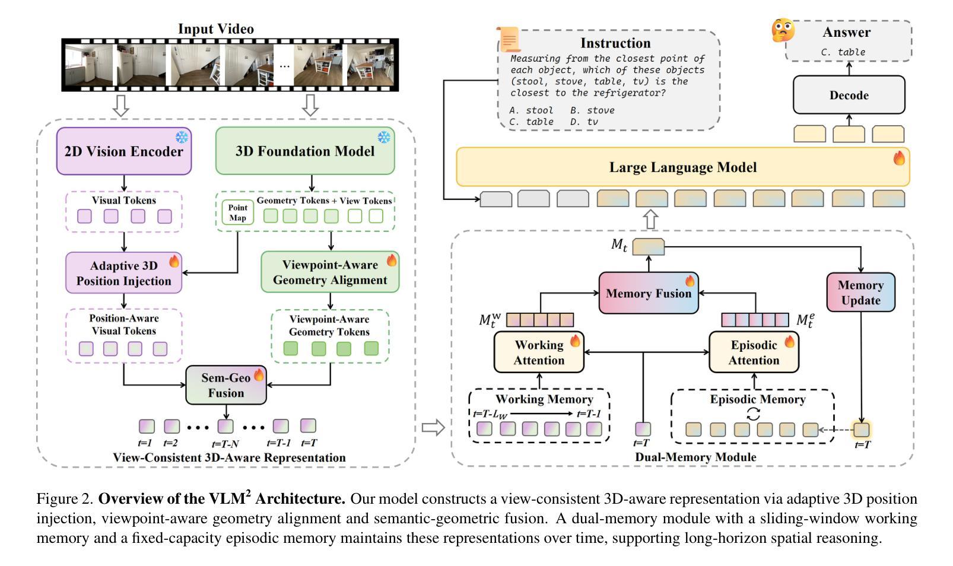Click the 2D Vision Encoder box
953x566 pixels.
click(x=123, y=151)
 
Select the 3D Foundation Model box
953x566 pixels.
click(x=305, y=151)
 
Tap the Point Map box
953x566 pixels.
click(x=237, y=212)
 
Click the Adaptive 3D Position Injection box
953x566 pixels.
click(x=123, y=273)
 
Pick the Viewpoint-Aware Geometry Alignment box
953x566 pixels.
click(x=330, y=272)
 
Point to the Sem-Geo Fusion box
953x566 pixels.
click(x=225, y=385)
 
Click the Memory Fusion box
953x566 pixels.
click(x=648, y=293)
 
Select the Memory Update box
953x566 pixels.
click(x=860, y=292)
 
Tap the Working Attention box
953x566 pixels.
click(x=539, y=352)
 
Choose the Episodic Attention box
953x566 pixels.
click(x=754, y=352)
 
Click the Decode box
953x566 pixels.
click(x=849, y=95)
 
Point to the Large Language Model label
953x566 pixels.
click(x=682, y=167)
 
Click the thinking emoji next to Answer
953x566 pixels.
click(x=783, y=30)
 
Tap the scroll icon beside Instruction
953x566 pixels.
click(x=509, y=39)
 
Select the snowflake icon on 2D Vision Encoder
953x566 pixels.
click(x=182, y=138)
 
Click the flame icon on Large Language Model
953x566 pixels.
click(x=899, y=158)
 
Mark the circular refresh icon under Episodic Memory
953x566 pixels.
click(x=753, y=414)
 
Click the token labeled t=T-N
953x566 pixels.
click(x=225, y=426)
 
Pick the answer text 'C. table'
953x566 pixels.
click(x=843, y=52)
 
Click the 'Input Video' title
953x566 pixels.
click(x=216, y=29)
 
